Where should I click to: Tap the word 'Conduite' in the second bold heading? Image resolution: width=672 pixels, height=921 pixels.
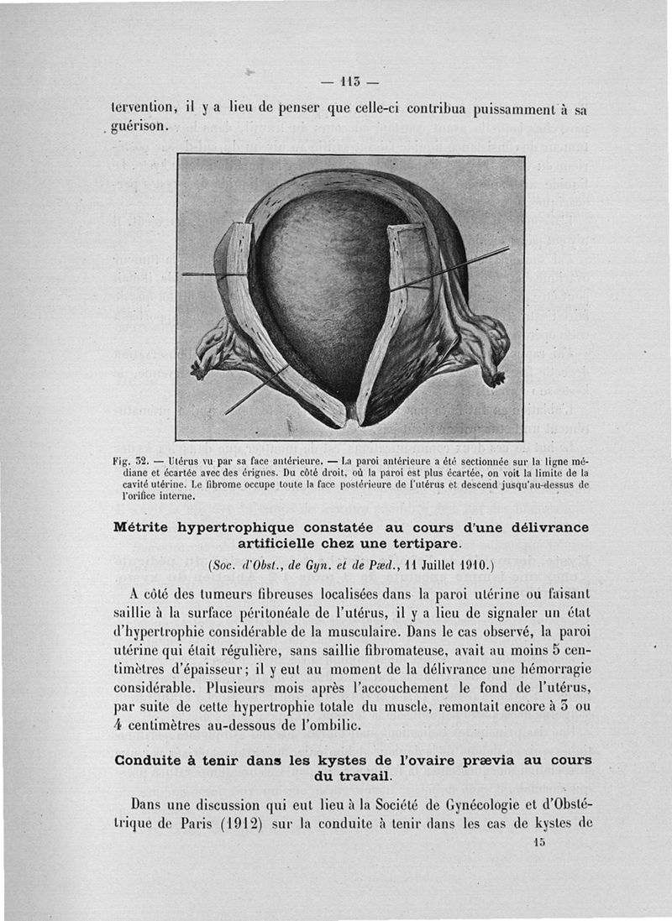[x=155, y=761]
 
